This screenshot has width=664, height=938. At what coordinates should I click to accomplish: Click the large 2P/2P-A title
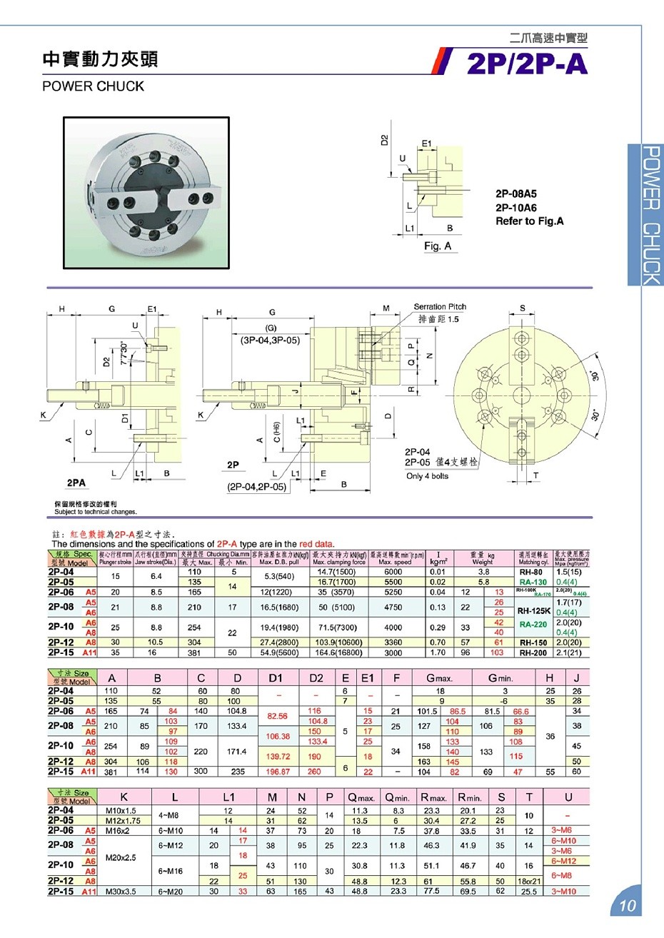coord(527,64)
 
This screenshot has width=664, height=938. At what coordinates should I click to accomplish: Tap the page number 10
coord(627,906)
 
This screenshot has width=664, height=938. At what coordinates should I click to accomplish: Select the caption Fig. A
coord(438,246)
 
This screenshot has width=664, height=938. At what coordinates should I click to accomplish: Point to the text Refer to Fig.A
coord(529,221)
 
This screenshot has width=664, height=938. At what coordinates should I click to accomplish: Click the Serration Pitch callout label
coord(439,307)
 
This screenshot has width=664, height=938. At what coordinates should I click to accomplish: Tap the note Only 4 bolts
coord(427,476)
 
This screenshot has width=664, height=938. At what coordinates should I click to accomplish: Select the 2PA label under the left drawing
coord(76,483)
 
